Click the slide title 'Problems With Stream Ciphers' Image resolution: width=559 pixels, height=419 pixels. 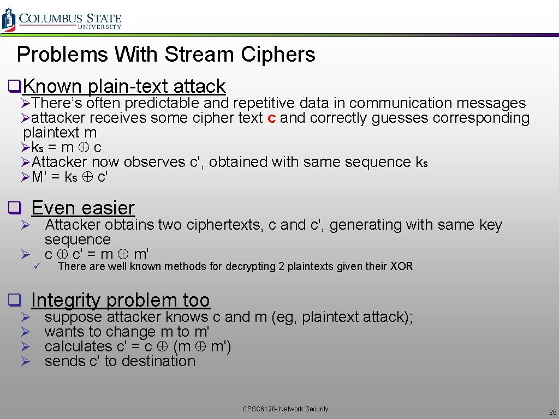tap(166, 55)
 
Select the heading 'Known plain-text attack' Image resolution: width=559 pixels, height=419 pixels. tap(124, 86)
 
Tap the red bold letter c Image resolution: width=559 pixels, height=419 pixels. tap(271, 118)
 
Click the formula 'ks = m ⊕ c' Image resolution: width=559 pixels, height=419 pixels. tap(66, 147)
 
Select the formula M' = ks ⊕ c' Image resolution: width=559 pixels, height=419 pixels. tap(69, 177)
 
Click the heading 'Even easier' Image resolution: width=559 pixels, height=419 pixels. tap(82, 208)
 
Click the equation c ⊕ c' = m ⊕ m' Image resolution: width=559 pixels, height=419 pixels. tap(97, 254)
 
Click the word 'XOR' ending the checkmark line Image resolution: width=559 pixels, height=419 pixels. tap(401, 266)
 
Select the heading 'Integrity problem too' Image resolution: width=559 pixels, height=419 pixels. tap(120, 300)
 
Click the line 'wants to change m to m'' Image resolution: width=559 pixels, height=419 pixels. tap(127, 332)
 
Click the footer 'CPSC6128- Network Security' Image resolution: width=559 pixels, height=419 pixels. tap(286, 409)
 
